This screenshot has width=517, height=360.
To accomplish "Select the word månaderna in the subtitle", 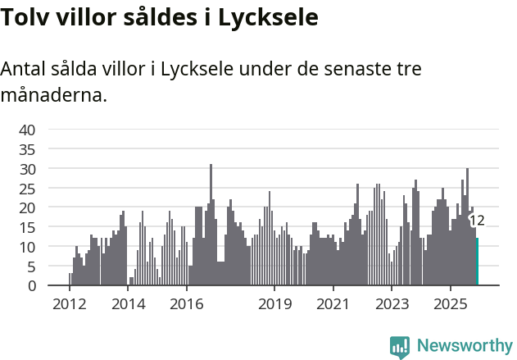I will coord(53,96).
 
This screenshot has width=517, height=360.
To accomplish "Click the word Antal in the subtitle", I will coord(25,69).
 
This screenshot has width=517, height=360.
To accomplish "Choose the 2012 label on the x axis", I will coord(70,304).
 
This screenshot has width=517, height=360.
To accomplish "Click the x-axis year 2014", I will coord(128,304).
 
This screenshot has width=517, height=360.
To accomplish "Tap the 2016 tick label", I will coord(187,304).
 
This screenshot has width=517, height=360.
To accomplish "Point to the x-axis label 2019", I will coord(274,304).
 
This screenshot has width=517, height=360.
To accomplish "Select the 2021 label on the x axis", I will coord(333,304).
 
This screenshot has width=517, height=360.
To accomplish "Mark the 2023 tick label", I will coord(392,304).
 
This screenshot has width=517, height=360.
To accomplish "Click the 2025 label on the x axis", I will coord(451,304).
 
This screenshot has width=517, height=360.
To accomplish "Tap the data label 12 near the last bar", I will coord(476,221).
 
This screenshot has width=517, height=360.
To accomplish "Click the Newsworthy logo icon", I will coord(400,346).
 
